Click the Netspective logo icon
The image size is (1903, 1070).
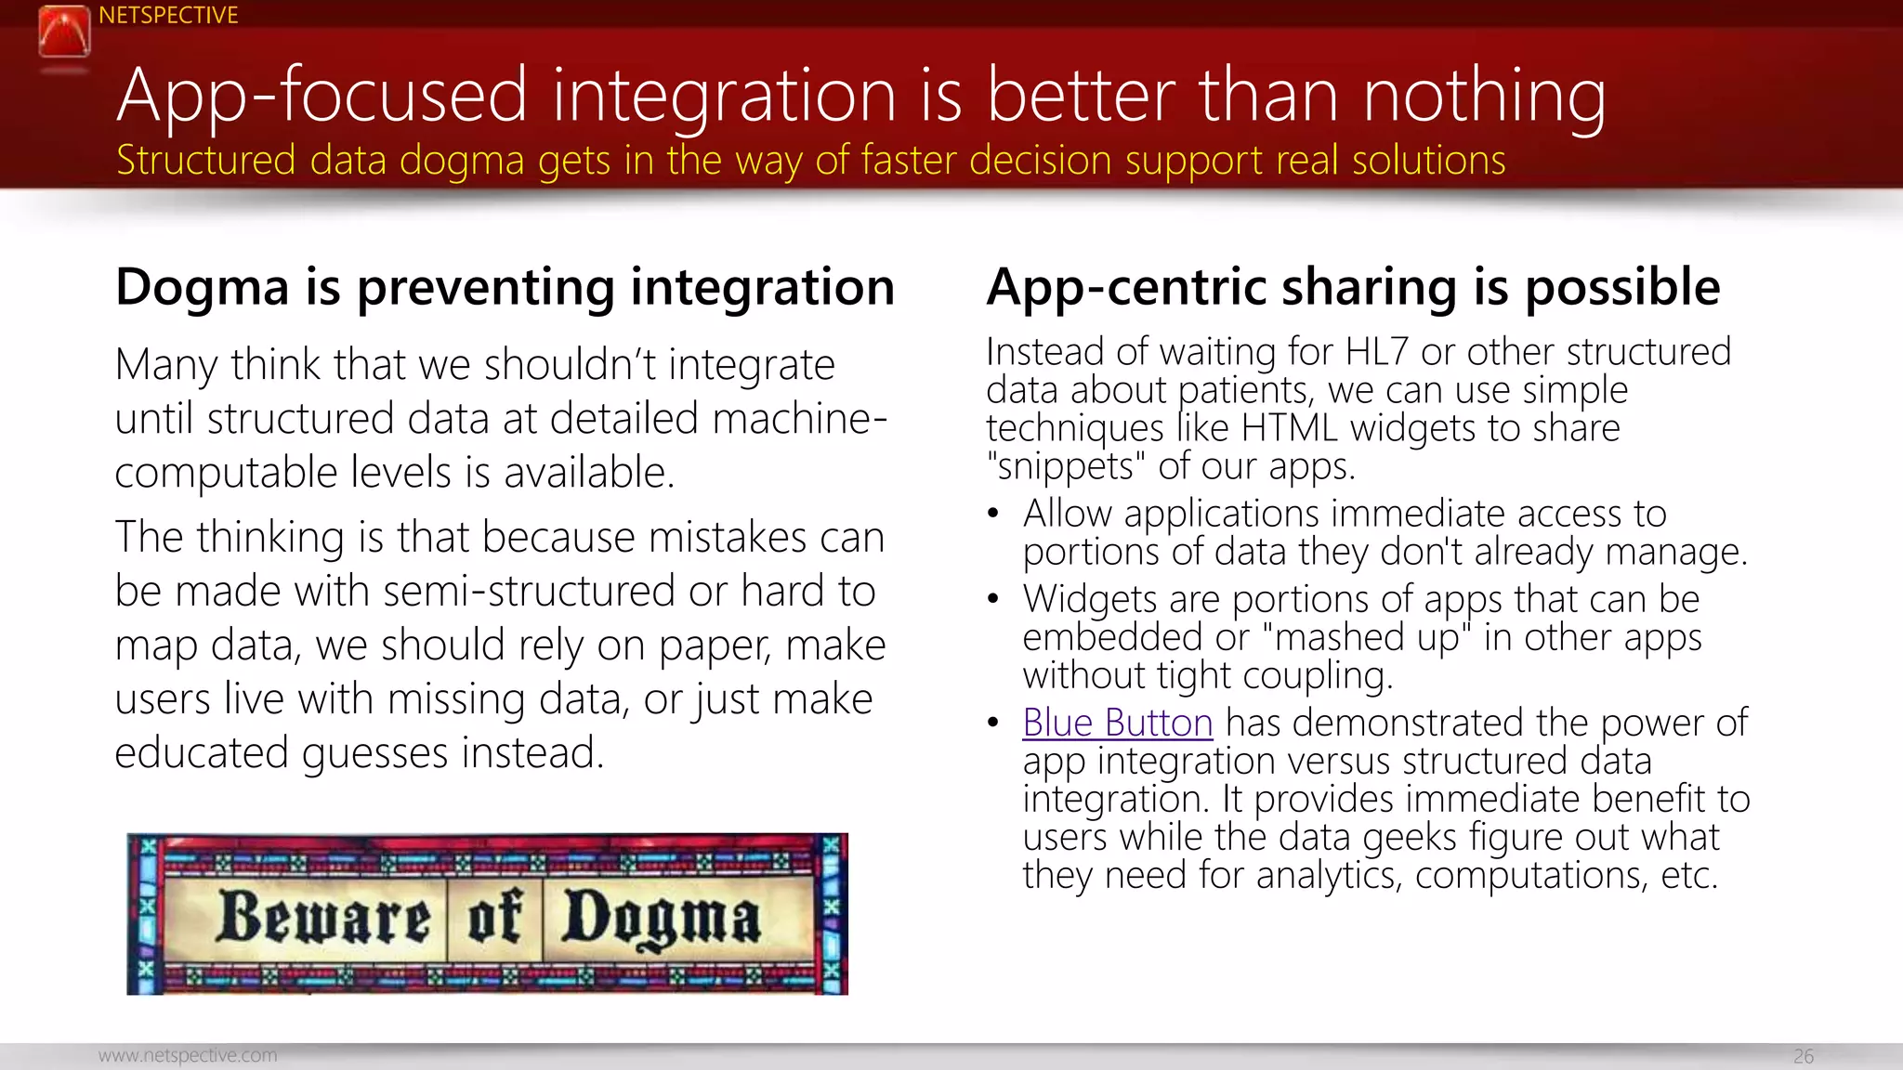coord(64,33)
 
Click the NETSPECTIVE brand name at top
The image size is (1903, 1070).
coord(168,16)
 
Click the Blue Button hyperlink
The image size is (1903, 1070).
coord(1117,723)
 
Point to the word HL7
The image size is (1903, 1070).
coord(1377,352)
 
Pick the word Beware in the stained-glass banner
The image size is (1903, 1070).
coord(324,918)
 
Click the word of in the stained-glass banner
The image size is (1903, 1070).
coord(493,917)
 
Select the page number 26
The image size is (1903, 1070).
coord(1803,1056)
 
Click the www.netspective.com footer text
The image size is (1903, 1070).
coord(188,1055)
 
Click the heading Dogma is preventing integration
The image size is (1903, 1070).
coord(505,287)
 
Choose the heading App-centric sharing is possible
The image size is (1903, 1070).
coord(1353,287)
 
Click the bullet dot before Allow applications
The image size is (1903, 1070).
coord(993,514)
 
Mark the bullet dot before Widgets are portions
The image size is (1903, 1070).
coord(993,599)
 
